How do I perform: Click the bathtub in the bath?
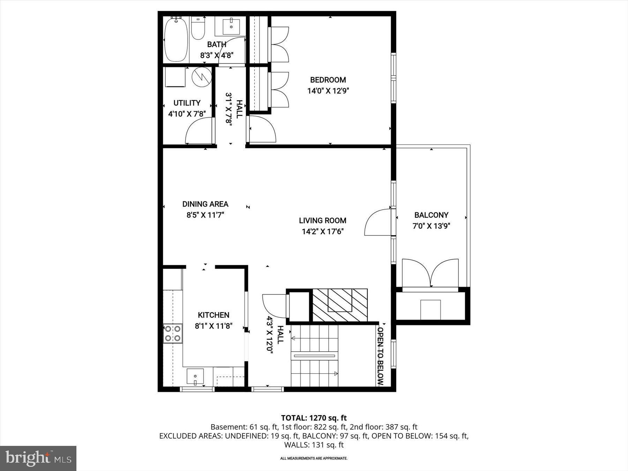(x=176, y=40)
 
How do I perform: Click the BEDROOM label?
(x=328, y=80)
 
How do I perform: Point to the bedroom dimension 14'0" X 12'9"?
(x=328, y=91)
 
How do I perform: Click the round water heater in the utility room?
(x=202, y=76)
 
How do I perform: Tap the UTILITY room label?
(x=187, y=103)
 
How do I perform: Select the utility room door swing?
(x=200, y=131)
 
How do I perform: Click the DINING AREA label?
(x=205, y=204)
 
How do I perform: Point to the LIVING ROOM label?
(x=322, y=220)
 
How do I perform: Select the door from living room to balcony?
(x=377, y=223)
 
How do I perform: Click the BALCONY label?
(x=431, y=215)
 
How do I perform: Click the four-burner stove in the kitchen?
(x=173, y=333)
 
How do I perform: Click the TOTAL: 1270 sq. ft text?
(x=314, y=418)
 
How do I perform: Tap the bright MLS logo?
(x=38, y=458)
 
